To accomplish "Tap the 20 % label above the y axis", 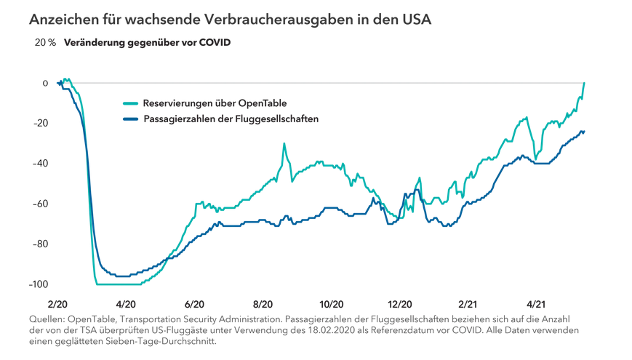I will click(45, 42).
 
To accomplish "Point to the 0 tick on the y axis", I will click(45, 83).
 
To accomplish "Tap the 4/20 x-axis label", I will click(125, 305).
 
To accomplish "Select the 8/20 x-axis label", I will click(263, 305).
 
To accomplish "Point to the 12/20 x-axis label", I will click(400, 305).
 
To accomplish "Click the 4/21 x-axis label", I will click(537, 305).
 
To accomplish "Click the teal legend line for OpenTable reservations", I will click(131, 103).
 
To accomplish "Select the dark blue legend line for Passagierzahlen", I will click(131, 119).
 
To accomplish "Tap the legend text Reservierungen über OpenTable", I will click(220, 103).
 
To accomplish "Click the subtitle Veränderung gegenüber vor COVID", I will click(147, 42).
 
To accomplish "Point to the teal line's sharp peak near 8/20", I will click(284, 144).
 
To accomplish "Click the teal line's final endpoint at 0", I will click(585, 84).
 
